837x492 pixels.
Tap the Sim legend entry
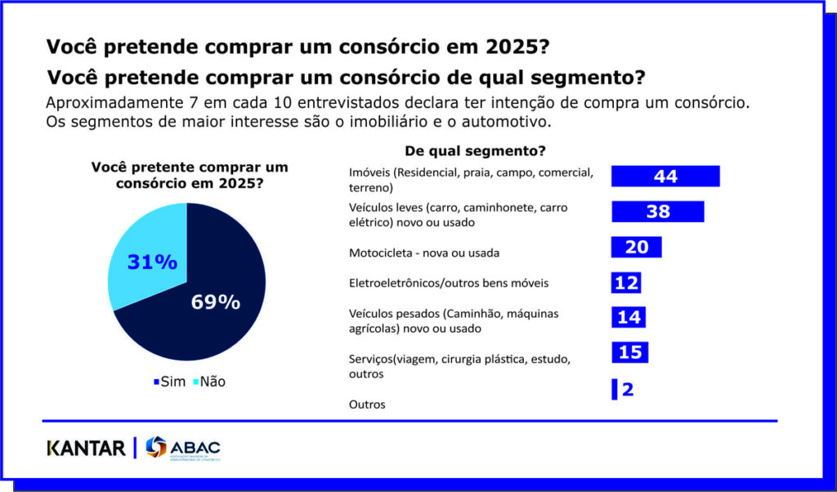pos(169,382)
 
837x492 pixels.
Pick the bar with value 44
pos(665,177)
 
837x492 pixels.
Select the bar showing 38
pos(657,212)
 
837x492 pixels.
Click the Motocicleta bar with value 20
pos(636,247)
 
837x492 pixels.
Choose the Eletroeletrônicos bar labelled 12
pos(626,282)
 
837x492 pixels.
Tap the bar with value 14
pos(629,317)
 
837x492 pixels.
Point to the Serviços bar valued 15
pos(629,352)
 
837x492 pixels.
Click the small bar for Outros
pos(614,390)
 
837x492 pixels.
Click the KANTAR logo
pos(86,448)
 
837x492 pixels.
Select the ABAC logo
pos(182,449)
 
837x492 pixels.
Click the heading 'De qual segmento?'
pos(475,151)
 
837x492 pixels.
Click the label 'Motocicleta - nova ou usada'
pos(423,253)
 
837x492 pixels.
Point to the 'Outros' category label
pos(366,405)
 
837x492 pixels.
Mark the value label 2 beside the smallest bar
pos(627,390)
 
